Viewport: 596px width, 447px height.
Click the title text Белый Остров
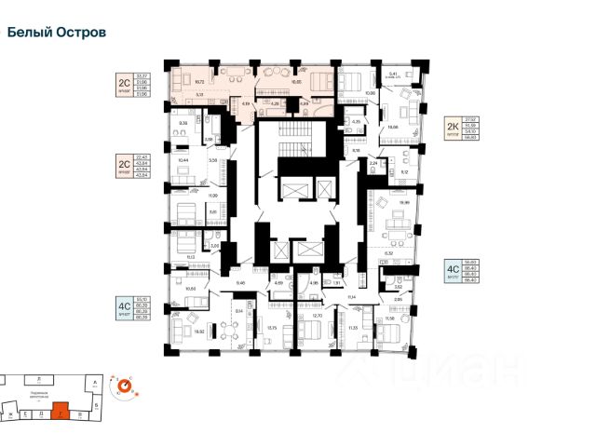click(57, 32)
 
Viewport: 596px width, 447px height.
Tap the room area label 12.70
click(317, 317)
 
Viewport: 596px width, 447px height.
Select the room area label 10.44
click(183, 160)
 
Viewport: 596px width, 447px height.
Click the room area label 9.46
click(239, 282)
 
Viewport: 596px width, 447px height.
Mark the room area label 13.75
click(272, 328)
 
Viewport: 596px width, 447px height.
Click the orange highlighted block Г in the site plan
click(60, 408)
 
